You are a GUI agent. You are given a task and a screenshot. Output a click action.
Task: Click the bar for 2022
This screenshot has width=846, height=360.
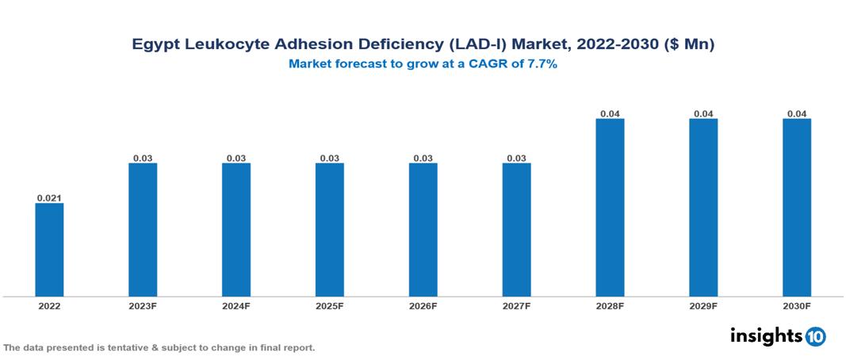(49, 250)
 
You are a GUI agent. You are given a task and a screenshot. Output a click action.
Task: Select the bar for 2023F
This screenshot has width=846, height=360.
(143, 230)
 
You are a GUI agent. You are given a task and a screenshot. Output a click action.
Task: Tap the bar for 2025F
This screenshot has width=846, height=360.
(330, 230)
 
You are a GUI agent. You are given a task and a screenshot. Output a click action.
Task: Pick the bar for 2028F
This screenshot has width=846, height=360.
(610, 208)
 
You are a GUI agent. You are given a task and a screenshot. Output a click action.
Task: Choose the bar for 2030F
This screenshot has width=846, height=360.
(797, 208)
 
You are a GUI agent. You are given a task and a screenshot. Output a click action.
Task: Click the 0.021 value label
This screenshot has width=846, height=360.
(49, 197)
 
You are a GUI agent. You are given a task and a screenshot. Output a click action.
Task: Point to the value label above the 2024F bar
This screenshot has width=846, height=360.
(236, 159)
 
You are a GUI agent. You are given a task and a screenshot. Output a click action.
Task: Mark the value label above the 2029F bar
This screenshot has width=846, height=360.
(703, 114)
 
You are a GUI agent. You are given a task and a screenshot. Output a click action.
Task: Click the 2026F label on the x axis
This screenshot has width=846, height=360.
(423, 305)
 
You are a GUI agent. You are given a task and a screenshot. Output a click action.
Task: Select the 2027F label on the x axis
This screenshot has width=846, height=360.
(516, 305)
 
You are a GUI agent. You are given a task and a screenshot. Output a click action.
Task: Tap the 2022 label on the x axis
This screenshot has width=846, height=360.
(49, 305)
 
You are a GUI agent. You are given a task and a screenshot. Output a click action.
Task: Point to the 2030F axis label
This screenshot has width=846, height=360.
(797, 305)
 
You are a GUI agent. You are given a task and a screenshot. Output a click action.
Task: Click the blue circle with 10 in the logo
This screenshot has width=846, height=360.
(816, 336)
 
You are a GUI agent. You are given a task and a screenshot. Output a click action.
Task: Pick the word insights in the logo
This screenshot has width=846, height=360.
(766, 335)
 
